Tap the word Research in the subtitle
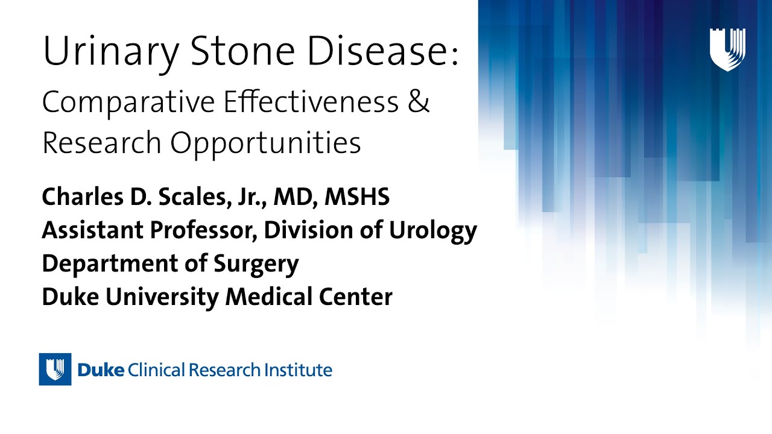(102, 142)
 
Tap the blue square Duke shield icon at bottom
(55, 369)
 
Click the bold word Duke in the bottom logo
(101, 370)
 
